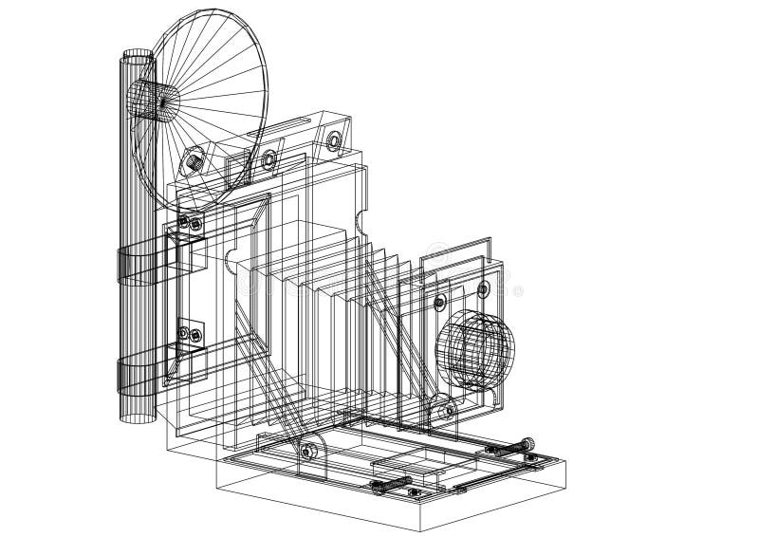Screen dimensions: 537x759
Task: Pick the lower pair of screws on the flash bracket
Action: [189, 334]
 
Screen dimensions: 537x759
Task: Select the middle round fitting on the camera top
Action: [269, 157]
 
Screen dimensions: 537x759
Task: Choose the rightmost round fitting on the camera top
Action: [334, 140]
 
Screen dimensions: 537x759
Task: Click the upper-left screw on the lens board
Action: [439, 303]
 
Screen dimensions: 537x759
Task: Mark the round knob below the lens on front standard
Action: [444, 411]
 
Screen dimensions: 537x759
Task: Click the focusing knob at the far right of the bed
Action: [528, 442]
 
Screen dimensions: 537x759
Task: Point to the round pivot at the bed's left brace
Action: [307, 449]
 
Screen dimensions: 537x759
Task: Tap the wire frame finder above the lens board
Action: [455, 256]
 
